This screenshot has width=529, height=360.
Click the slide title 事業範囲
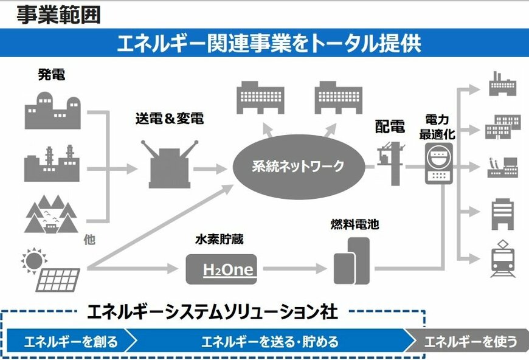(58, 14)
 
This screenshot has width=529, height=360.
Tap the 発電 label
(52, 75)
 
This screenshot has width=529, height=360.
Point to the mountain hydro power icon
(51, 216)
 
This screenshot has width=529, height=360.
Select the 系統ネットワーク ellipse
(298, 165)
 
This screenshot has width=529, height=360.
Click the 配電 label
(390, 126)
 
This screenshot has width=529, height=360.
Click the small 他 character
(89, 240)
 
